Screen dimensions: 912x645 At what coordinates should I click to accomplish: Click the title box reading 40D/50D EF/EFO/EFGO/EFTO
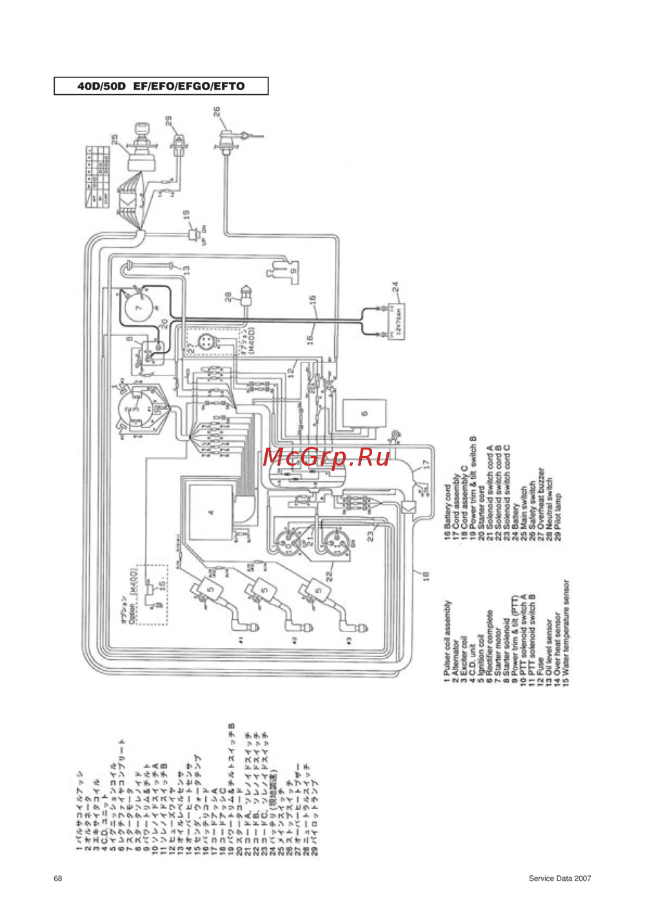(161, 86)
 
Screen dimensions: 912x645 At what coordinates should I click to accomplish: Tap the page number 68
(58, 878)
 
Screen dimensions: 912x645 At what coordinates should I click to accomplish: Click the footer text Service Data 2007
(559, 878)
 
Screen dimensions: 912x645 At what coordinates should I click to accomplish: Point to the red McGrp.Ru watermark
(326, 457)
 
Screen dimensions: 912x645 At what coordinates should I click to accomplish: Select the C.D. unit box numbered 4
(211, 513)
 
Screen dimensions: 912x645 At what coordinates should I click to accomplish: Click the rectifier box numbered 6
(364, 413)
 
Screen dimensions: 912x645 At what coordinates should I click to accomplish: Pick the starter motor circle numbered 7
(138, 308)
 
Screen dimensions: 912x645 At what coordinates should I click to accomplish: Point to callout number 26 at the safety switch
(217, 112)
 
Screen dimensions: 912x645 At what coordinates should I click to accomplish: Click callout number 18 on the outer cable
(426, 575)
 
